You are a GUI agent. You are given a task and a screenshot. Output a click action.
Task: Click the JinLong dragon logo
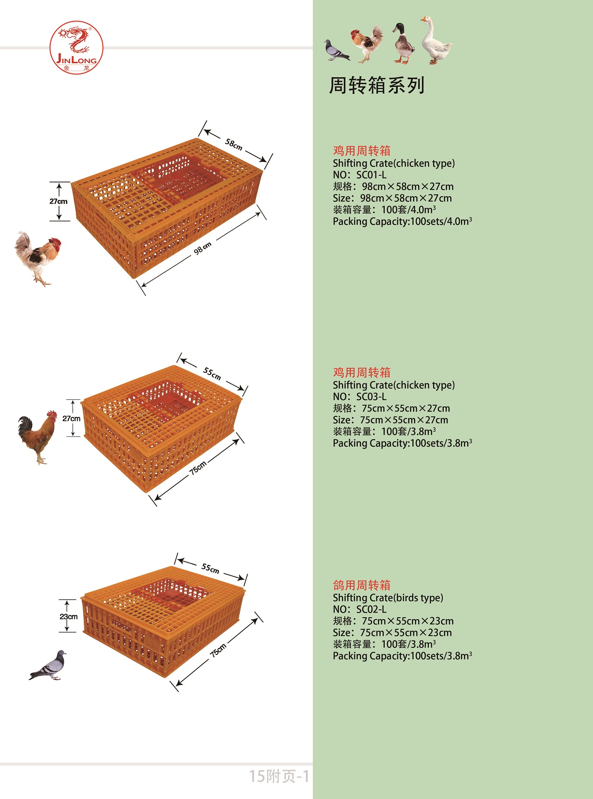pyautogui.click(x=77, y=47)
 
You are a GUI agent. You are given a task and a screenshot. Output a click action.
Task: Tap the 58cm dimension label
pyautogui.click(x=234, y=144)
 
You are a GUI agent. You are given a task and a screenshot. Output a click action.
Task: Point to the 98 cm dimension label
pyautogui.click(x=203, y=248)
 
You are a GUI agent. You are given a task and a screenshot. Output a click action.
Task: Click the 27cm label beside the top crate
pyautogui.click(x=59, y=201)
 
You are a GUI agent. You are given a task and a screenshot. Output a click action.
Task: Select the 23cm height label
pyautogui.click(x=68, y=616)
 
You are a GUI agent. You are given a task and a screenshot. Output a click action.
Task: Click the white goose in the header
pyautogui.click(x=435, y=40)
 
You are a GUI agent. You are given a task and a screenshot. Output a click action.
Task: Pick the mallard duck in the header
pyautogui.click(x=403, y=43)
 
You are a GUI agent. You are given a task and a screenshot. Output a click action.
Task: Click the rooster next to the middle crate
pyautogui.click(x=38, y=437)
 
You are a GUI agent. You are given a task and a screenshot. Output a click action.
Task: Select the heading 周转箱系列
pyautogui.click(x=377, y=86)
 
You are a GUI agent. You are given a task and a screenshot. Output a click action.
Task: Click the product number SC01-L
pyautogui.click(x=371, y=175)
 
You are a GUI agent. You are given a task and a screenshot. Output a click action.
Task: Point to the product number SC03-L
pyautogui.click(x=371, y=396)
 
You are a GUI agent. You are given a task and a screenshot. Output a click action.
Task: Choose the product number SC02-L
pyautogui.click(x=371, y=609)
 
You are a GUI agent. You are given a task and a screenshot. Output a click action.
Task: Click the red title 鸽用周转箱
pyautogui.click(x=362, y=585)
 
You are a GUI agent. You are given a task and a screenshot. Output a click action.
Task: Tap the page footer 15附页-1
pyautogui.click(x=279, y=776)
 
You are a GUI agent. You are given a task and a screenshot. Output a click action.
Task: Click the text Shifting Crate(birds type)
pyautogui.click(x=388, y=598)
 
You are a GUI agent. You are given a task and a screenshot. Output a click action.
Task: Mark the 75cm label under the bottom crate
pyautogui.click(x=218, y=650)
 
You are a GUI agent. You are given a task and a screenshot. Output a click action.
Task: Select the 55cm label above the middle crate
pyautogui.click(x=212, y=373)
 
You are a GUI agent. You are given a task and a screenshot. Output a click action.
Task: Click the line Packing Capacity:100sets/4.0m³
pyautogui.click(x=402, y=221)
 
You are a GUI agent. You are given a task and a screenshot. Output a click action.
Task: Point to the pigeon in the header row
pyautogui.click(x=337, y=50)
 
